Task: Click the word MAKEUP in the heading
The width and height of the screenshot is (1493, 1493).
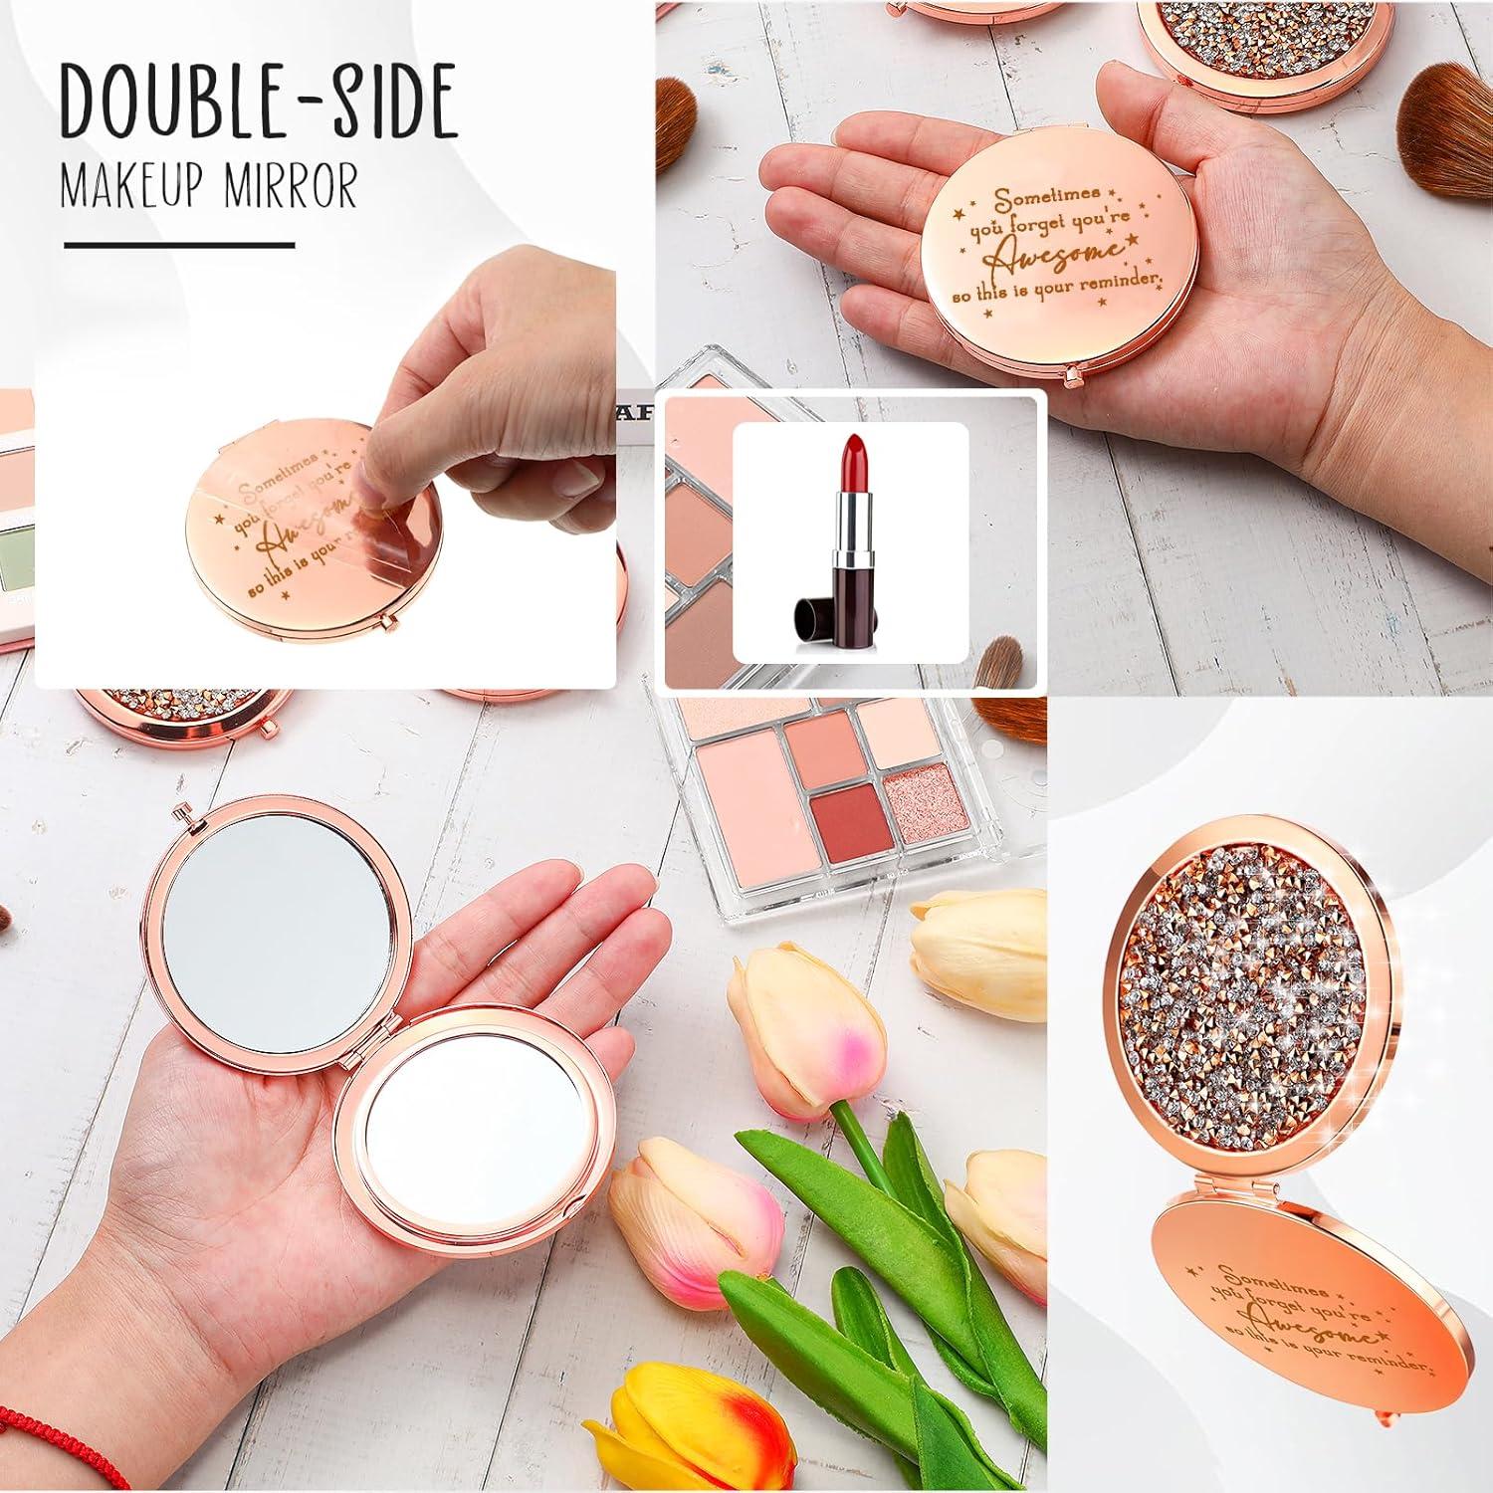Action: coord(131,189)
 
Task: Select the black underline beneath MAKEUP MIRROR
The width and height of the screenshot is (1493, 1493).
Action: coord(179,244)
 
